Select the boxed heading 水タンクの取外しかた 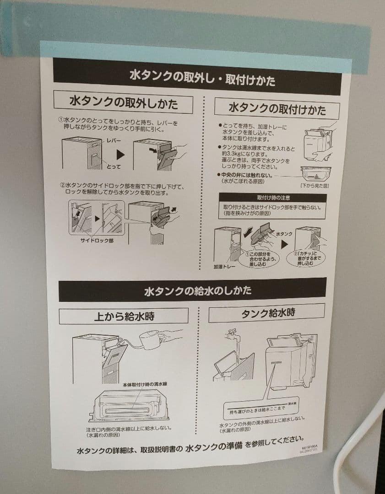[123, 102]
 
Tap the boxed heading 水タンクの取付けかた [277, 109]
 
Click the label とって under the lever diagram [114, 166]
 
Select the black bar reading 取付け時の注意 [272, 198]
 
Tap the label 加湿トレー [223, 266]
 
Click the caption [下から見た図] [315, 186]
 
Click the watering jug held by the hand [152, 341]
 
